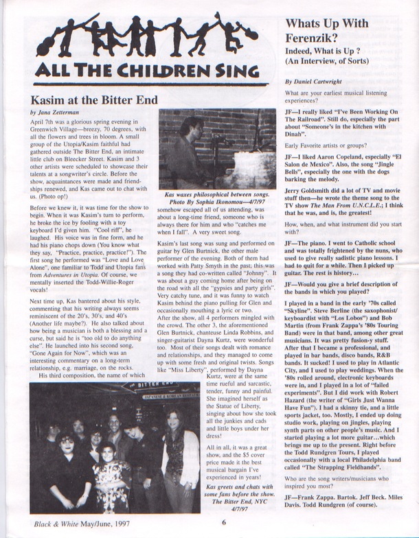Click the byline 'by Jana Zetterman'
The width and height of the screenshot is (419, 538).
pyautogui.click(x=56, y=111)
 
